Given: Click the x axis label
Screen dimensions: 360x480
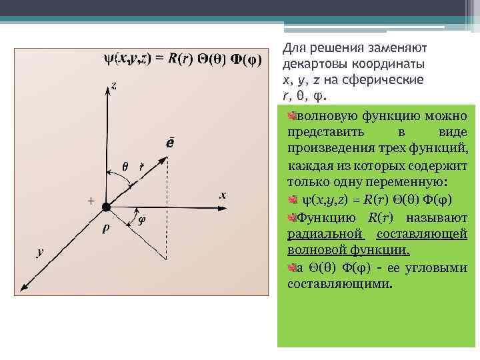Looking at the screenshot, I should [223, 195].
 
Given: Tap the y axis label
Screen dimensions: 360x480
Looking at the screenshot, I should [40, 252].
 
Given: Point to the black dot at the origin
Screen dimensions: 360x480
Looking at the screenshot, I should [105, 208].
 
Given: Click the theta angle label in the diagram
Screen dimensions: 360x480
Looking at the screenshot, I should [125, 165].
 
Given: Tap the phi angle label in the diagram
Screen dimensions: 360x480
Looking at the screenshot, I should [141, 221].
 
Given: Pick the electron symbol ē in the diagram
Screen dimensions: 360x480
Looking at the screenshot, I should [171, 143].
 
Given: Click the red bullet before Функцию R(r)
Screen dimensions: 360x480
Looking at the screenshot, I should [292, 217].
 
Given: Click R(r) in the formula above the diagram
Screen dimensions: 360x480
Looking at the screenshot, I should [180, 59].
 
